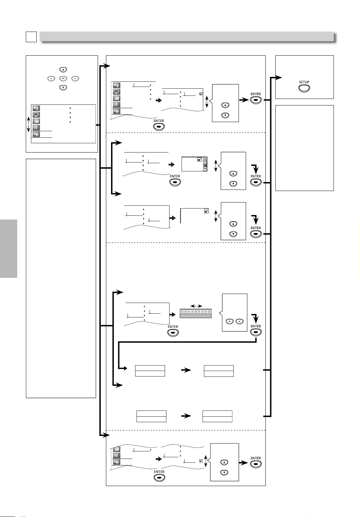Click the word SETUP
coord(304,82)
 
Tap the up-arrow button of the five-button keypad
coord(63,69)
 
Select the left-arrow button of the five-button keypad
coord(51,78)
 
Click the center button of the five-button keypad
coord(63,78)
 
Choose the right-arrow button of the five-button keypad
coord(75,78)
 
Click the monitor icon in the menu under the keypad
coord(36,115)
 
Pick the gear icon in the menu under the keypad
coord(36,134)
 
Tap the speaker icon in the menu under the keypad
coord(36,128)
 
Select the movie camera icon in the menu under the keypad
coord(36,121)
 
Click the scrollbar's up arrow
coord(205,159)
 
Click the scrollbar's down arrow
coord(205,169)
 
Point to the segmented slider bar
coord(196,313)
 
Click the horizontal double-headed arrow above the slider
coord(196,306)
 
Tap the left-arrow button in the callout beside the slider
coord(229,321)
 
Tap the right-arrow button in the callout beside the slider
coord(240,321)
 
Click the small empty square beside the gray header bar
coord(31,37)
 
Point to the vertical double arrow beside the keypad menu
coord(29,124)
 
